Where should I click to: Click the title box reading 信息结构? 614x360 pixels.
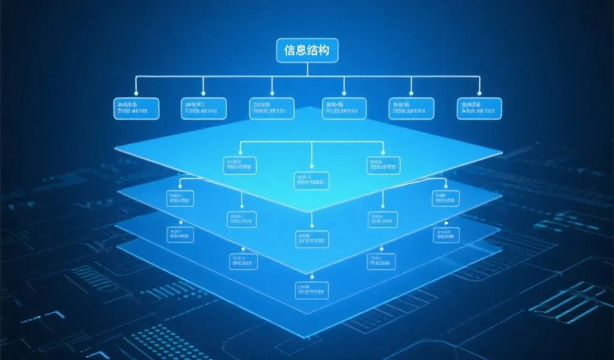[307, 50]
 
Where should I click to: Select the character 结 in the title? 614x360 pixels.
[314, 50]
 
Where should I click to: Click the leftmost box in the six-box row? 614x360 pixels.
[136, 108]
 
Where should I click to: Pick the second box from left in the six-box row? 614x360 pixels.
[204, 108]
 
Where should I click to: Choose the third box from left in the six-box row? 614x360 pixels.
[272, 108]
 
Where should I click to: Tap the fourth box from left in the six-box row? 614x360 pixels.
[344, 108]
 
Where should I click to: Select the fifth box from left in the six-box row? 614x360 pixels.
[411, 108]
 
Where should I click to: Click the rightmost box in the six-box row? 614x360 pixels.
[479, 108]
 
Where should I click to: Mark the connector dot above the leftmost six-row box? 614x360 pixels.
[136, 94]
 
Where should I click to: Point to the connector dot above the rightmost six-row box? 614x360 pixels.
[479, 94]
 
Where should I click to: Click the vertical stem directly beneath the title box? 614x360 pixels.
[307, 68]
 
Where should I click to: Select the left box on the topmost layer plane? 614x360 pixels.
[240, 166]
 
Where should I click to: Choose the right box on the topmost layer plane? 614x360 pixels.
[384, 166]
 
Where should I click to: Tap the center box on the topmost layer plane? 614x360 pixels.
[312, 181]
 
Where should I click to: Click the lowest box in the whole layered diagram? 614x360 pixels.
[312, 291]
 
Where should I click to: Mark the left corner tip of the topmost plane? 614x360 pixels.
[116, 150]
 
